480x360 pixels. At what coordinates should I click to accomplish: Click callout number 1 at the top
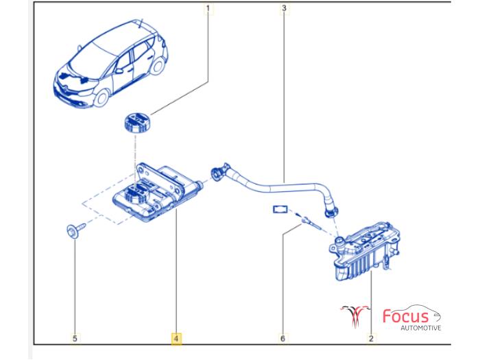coord(208,8)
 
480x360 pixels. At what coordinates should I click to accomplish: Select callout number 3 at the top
coord(284,8)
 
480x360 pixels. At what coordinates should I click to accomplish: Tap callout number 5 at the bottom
coord(75,338)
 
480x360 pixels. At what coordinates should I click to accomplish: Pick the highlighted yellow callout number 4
coord(176,339)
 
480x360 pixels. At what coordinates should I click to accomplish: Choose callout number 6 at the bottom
coord(283,338)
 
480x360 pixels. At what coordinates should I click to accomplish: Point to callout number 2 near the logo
coord(371,338)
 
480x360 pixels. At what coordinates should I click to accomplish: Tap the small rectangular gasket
coord(280,209)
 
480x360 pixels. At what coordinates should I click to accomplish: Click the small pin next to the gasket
coord(310,224)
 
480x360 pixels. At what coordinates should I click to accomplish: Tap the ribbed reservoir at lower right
coord(365,251)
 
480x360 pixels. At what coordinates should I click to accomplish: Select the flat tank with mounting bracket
coord(156,192)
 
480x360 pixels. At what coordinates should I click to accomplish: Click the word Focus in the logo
coord(406,316)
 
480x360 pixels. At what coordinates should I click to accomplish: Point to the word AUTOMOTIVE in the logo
coord(421,328)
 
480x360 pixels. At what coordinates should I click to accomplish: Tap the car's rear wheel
coord(158,66)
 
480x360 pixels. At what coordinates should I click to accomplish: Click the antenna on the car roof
coord(141,23)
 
